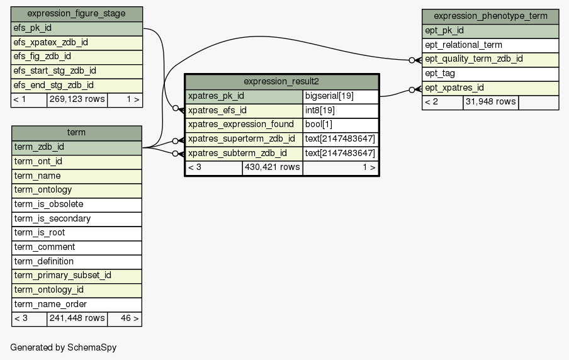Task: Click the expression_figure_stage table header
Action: coord(77,14)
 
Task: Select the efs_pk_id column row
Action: coord(77,28)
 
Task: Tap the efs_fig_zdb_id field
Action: coord(77,57)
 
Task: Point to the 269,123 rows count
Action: coord(77,99)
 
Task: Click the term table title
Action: coord(77,133)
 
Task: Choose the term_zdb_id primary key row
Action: coord(77,147)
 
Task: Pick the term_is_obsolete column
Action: coord(77,205)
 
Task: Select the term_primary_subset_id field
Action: coord(77,276)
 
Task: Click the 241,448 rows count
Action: coord(77,318)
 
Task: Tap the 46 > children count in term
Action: coord(125,318)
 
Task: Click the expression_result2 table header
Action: coord(282,82)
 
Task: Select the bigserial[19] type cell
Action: coord(341,96)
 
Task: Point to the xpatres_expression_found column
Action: coord(244,125)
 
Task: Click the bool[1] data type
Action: coord(341,125)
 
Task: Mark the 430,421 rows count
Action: coord(273,167)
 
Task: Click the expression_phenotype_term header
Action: coord(490,17)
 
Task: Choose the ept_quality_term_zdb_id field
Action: coord(490,60)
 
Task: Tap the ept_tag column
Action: coord(490,74)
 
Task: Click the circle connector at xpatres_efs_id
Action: coord(176,108)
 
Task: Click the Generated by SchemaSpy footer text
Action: coord(64,347)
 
